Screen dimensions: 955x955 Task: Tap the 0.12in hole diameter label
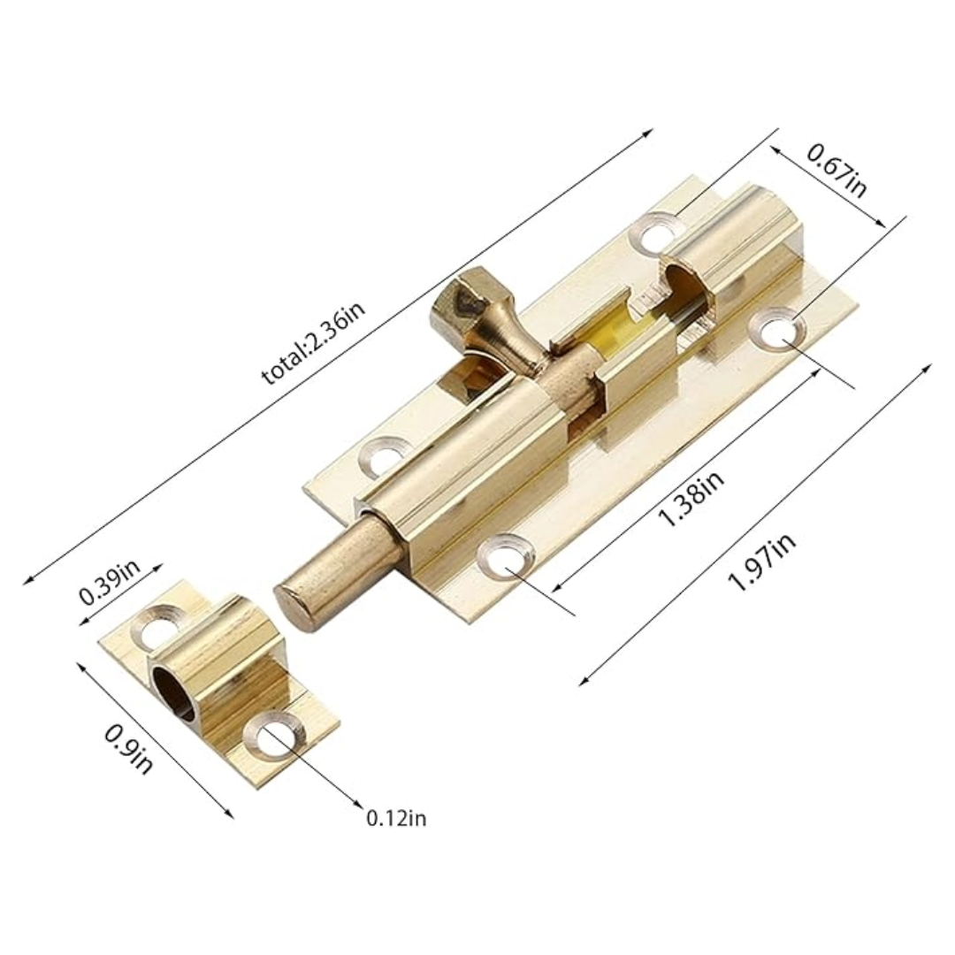pyautogui.click(x=396, y=818)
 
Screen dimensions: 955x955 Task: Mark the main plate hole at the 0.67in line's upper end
pyautogui.click(x=659, y=233)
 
